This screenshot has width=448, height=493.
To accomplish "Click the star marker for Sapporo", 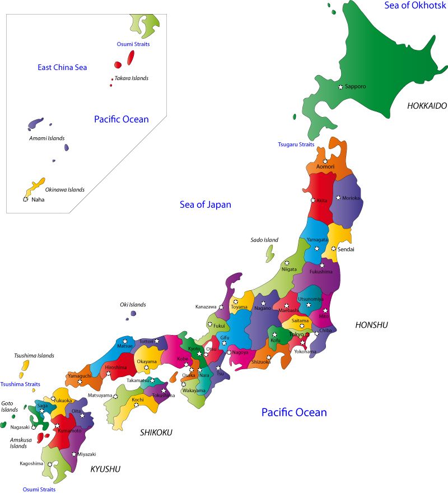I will tap(340, 87).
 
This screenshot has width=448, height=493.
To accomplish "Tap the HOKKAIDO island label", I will tap(427, 105).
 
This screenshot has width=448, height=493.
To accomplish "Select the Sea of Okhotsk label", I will tap(415, 5).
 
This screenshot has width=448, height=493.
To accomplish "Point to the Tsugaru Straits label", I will tap(296, 145).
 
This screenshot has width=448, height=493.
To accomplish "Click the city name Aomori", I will tap(325, 167).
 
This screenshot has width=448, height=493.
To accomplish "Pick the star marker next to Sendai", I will tap(333, 249).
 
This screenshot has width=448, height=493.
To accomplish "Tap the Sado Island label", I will tap(264, 240).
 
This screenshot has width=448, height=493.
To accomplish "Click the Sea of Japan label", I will tap(205, 204).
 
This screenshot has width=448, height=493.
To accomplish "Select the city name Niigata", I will tap(289, 269).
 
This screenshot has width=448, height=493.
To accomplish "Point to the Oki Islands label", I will tap(133, 305).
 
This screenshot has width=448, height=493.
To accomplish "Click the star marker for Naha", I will tap(25, 199).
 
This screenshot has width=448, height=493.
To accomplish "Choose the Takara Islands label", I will tap(132, 78).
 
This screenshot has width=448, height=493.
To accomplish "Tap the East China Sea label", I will tap(62, 67).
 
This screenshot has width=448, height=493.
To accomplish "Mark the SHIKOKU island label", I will tap(156, 432).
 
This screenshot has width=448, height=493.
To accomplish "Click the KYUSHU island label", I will tap(105, 469).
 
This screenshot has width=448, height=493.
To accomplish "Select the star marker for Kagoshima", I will tap(50, 464).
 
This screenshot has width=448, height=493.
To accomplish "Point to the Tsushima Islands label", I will tap(34, 356).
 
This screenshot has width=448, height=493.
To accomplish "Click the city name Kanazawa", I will tap(206, 307).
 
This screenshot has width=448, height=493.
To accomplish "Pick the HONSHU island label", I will tap(372, 325).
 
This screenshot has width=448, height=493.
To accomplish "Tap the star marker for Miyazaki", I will tap(74, 454).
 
